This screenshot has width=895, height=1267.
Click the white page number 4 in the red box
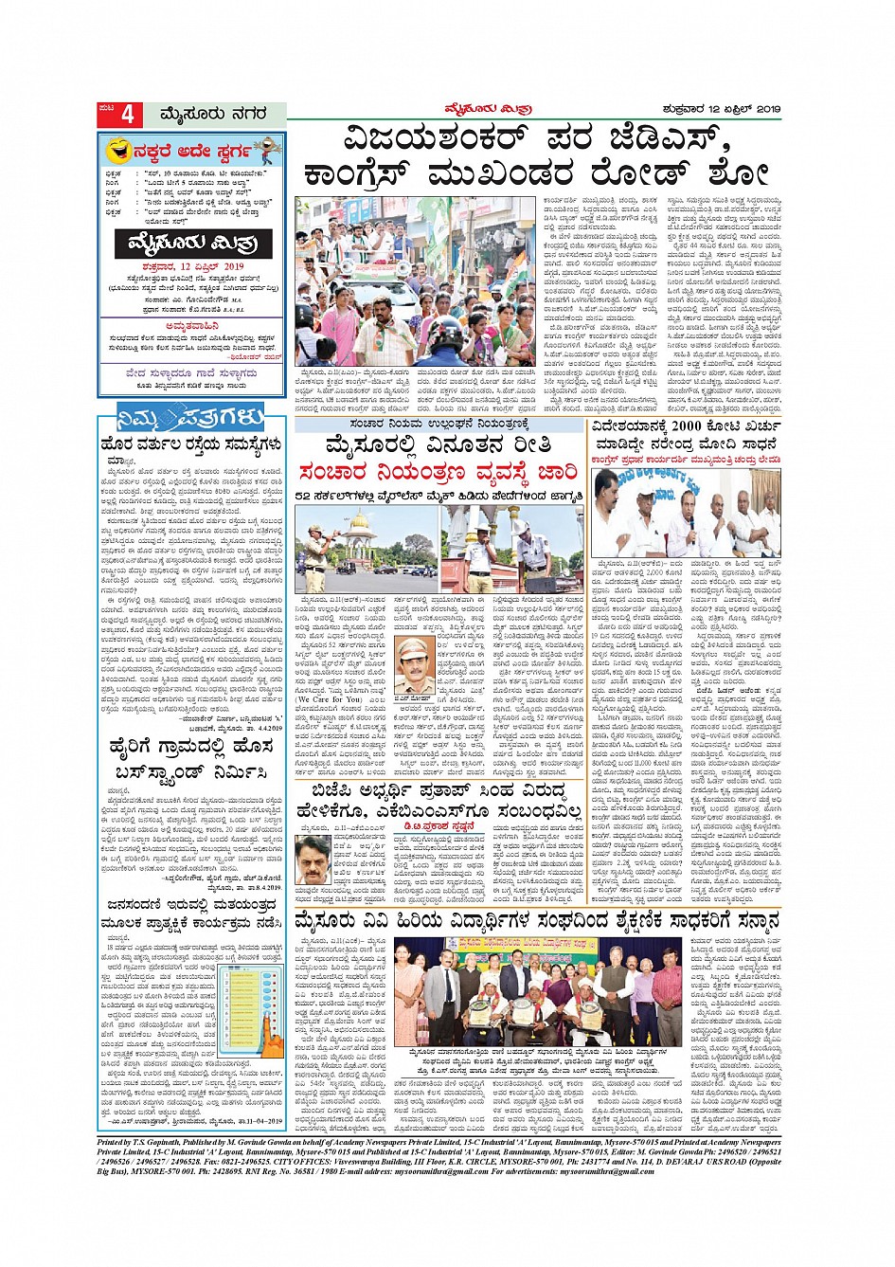click(126, 115)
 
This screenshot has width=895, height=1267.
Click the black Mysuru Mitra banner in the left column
click(192, 244)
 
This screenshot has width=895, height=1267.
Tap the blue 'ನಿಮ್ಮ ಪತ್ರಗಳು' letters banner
click(192, 417)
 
